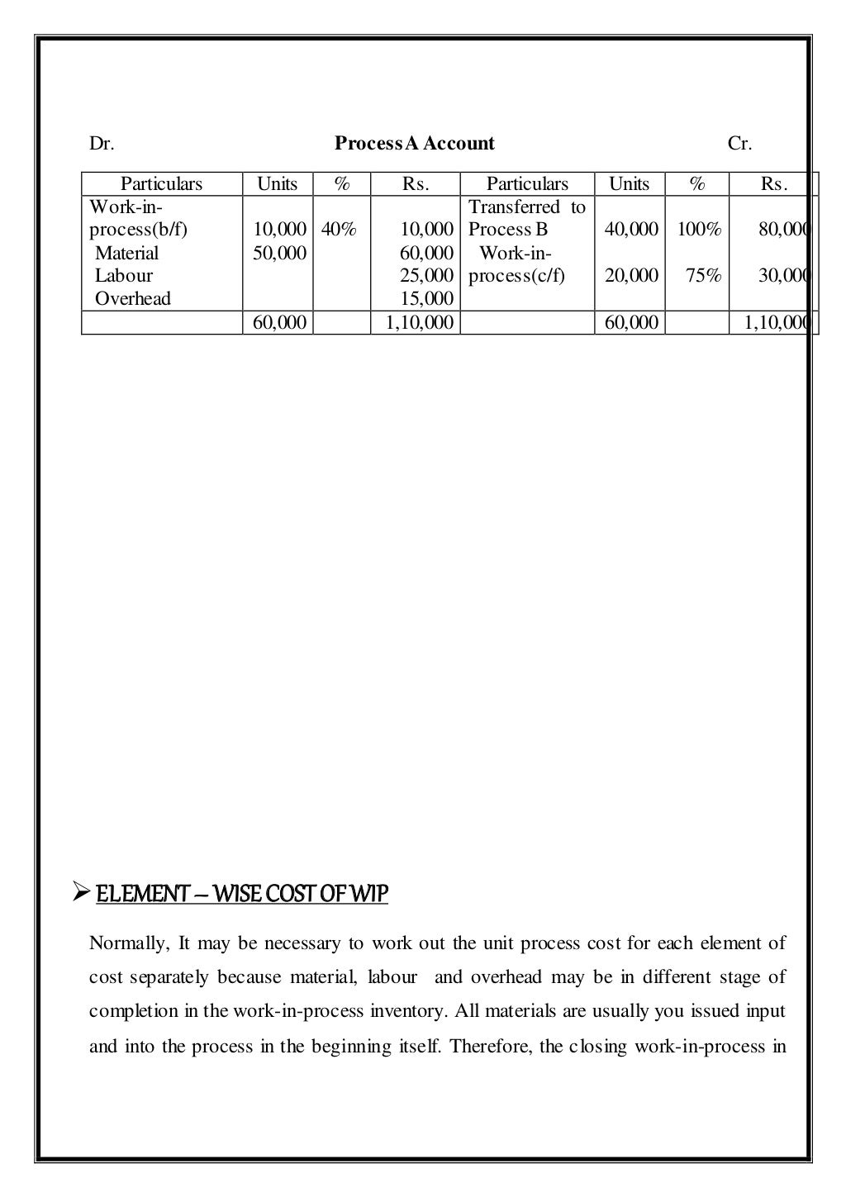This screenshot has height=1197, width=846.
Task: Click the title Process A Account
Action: pos(414,144)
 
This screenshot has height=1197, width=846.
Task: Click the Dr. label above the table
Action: pos(101,144)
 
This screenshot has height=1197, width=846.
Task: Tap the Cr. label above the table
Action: pos(739,144)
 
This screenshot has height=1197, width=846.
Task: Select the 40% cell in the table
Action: pos(339,230)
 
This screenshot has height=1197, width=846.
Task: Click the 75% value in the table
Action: pos(703,276)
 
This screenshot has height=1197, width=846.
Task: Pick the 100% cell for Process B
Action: pos(699,230)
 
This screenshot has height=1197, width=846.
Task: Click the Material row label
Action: pos(126,253)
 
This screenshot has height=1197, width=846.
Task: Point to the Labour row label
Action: pos(123,276)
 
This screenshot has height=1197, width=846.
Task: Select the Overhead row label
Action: pos(132,299)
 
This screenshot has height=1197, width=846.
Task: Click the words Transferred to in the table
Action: pos(526,207)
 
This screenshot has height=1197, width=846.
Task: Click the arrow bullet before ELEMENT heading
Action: pos(80,893)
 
